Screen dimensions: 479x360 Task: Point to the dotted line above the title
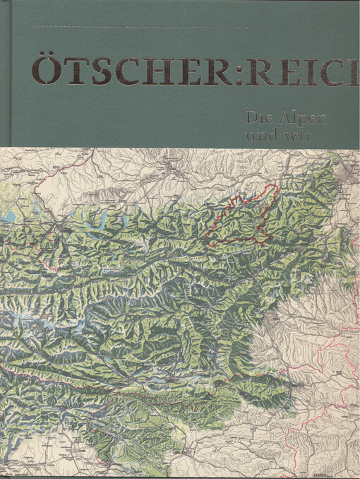point(141,27)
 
